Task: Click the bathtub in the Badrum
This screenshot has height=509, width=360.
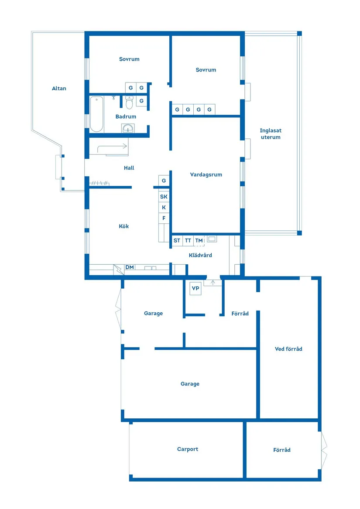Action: click(96, 114)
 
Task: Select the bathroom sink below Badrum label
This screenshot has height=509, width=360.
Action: click(128, 129)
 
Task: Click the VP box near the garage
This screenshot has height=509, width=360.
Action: click(195, 288)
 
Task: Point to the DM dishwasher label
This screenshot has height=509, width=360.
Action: click(130, 267)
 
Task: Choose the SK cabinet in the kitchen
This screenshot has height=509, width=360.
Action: click(164, 197)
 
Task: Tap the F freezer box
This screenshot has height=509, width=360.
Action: click(164, 218)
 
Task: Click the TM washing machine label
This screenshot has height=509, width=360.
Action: click(199, 240)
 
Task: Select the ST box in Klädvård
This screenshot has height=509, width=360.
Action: click(177, 240)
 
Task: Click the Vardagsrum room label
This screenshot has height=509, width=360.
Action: click(206, 174)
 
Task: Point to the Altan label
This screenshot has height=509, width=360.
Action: click(59, 88)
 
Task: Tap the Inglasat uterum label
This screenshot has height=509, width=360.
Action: click(271, 134)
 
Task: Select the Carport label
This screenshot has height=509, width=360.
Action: click(188, 449)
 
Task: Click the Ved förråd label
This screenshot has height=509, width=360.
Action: click(288, 349)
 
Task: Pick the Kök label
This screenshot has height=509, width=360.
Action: click(124, 226)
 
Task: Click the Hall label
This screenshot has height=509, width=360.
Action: click(129, 168)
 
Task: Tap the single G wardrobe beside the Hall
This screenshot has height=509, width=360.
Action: click(164, 181)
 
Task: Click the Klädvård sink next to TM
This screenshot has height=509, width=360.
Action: click(212, 239)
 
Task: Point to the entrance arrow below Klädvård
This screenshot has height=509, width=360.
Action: click(213, 283)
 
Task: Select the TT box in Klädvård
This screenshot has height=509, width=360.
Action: click(188, 240)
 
